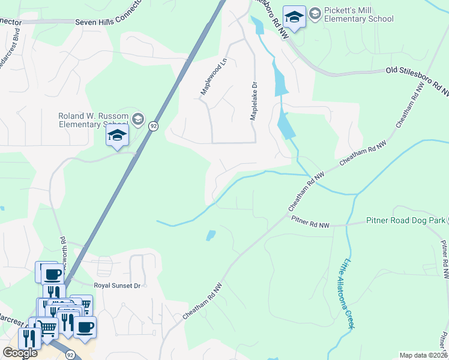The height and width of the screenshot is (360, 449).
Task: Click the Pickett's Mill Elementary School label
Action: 358,14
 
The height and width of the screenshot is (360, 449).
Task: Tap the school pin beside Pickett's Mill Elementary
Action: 294,17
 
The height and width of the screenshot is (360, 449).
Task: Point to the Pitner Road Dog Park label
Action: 405,221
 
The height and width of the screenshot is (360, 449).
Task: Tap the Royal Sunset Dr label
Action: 117,286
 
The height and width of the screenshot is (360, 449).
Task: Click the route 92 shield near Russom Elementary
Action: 154,126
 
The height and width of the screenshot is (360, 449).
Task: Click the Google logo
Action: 20,353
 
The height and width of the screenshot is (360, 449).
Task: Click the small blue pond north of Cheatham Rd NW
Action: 211,235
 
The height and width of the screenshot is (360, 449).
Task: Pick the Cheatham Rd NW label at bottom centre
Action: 203,302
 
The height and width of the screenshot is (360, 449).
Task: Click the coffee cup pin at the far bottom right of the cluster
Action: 85,328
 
